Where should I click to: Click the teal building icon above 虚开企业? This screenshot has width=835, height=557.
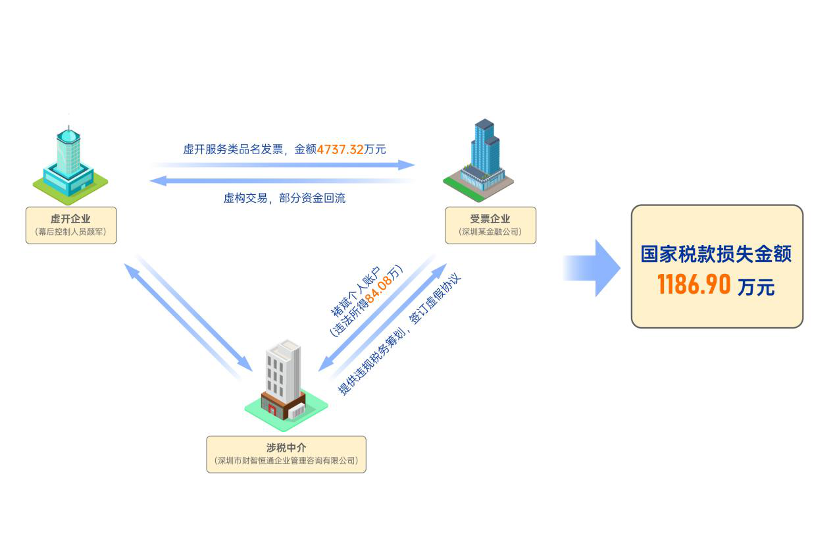pos(70,162)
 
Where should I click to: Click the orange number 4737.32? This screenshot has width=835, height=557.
pos(340,149)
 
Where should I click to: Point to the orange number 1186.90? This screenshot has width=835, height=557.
pos(694,284)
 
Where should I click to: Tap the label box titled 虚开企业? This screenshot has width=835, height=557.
pos(71,225)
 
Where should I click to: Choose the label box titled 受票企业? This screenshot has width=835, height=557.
pos(490,225)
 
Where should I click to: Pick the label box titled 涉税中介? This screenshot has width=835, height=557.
pos(286,454)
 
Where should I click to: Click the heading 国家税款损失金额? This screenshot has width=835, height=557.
pos(717,254)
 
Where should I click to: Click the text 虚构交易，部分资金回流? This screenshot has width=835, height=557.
pos(284,198)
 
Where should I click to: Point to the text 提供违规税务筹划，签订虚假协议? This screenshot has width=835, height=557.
pos(399,334)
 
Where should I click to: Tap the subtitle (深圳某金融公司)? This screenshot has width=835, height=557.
pos(490,232)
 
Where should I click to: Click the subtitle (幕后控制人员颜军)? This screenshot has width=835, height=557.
pos(71,232)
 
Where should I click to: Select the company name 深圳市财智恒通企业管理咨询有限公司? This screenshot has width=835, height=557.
pos(286,461)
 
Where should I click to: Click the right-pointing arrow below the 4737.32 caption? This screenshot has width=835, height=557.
pos(283,165)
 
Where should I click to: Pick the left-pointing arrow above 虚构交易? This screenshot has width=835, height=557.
pos(283,180)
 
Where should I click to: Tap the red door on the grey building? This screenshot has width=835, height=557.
pos(271,410)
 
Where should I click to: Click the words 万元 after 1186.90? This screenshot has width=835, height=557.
pos(756,287)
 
